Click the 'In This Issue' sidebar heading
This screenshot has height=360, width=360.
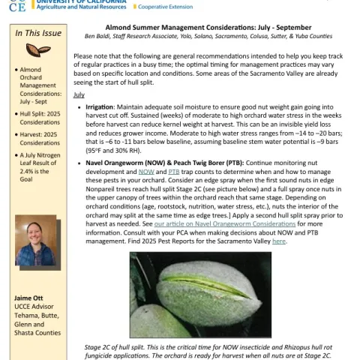tap(38, 34)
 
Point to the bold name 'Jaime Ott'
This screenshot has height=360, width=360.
tap(28, 298)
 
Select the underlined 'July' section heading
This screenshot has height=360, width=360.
tap(79, 95)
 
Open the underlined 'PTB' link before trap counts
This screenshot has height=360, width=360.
tap(173, 172)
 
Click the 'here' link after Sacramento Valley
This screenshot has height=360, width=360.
tap(279, 241)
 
